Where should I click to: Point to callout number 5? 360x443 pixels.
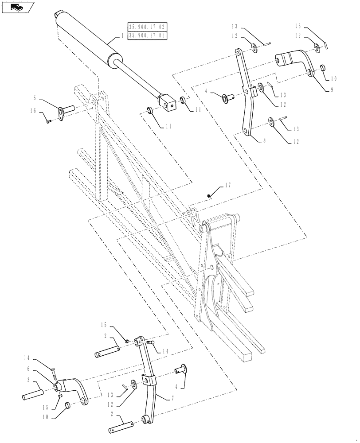[x=34, y=97]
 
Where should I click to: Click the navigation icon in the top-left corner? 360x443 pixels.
[x=18, y=7]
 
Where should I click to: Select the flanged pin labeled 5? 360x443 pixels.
[x=67, y=109]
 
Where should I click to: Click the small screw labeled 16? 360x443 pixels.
[x=48, y=120]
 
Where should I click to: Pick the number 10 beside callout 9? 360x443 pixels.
[x=333, y=78]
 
